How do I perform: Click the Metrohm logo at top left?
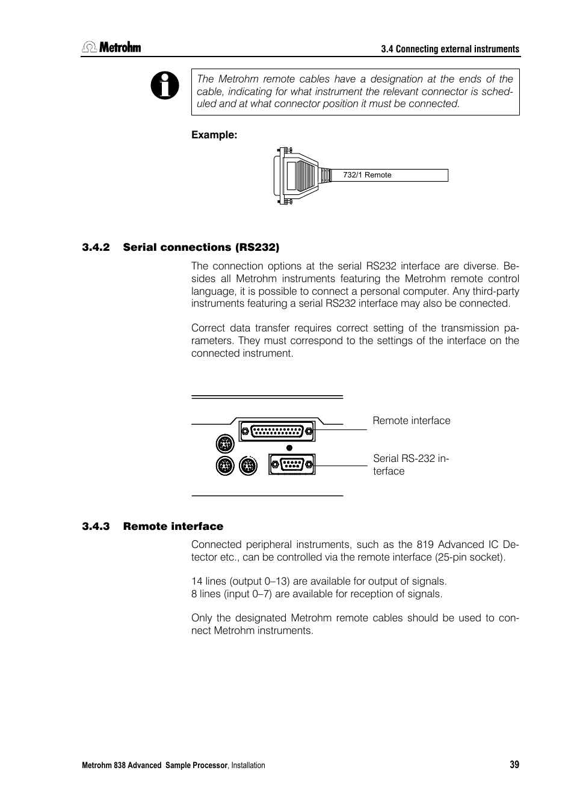pos(111,48)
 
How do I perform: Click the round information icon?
pos(165,85)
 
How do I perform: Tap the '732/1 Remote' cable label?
pos(367,175)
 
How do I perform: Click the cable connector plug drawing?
pos(297,176)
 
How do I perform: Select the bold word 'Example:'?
pos(214,135)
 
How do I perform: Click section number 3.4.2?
pos(96,247)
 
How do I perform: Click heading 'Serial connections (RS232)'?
pos(202,247)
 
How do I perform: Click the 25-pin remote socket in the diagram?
pos(277,431)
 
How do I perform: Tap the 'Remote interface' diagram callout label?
pos(411,421)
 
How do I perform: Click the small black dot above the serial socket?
pos(290,448)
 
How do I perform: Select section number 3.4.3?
pos(96,526)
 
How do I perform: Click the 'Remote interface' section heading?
pos(173,526)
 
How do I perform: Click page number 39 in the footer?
pos(514,764)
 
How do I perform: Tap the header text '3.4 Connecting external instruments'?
pos(450,49)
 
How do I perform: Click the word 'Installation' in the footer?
pos(248,765)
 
